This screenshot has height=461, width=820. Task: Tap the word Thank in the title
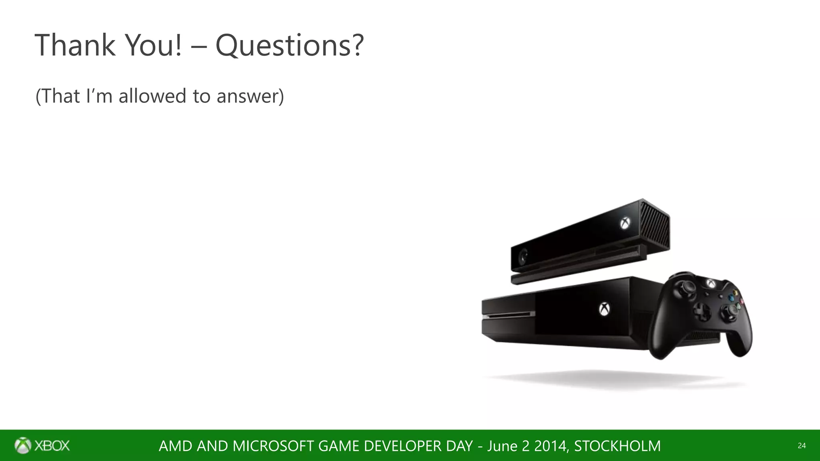click(75, 45)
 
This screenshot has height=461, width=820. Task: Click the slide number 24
click(802, 446)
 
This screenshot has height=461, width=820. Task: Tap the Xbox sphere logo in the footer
click(22, 445)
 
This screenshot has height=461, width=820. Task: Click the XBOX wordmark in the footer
click(52, 446)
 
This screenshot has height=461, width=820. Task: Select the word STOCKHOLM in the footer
click(617, 446)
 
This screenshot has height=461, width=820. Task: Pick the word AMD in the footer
click(175, 446)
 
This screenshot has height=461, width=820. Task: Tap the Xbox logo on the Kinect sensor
click(625, 223)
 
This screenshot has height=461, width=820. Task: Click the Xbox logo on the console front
click(604, 309)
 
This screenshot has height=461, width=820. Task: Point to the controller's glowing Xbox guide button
click(710, 283)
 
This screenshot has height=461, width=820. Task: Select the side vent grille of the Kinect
click(655, 224)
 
